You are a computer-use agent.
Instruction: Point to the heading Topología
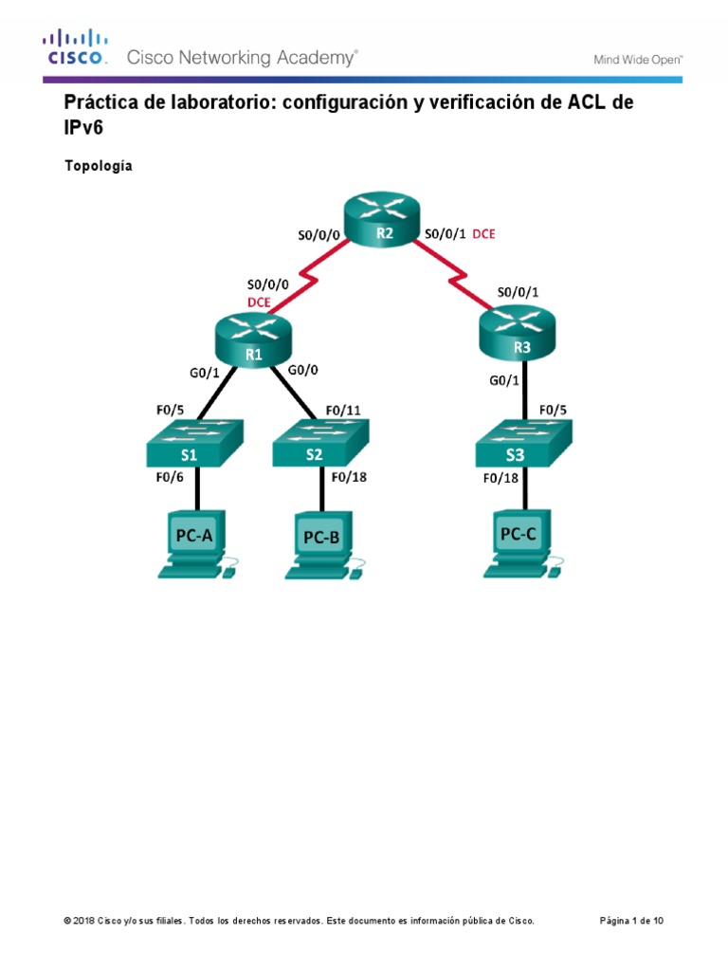(99, 166)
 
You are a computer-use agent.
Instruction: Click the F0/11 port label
(343, 411)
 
